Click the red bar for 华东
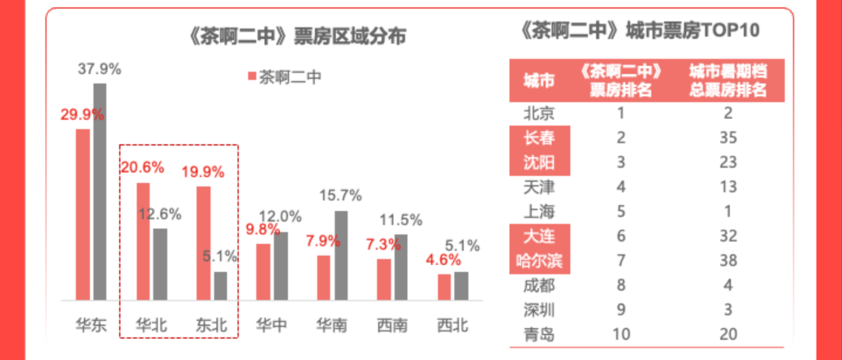(x=83, y=214)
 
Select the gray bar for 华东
(x=100, y=192)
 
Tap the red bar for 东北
(x=203, y=243)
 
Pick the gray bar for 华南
(x=340, y=256)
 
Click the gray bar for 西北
(x=461, y=286)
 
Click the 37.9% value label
(x=100, y=69)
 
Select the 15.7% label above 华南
(x=341, y=195)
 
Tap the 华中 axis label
(x=271, y=325)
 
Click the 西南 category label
(x=392, y=325)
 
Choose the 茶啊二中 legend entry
(x=284, y=76)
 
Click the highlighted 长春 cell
(x=540, y=139)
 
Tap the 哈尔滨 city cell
(x=540, y=259)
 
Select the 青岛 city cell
(x=540, y=334)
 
